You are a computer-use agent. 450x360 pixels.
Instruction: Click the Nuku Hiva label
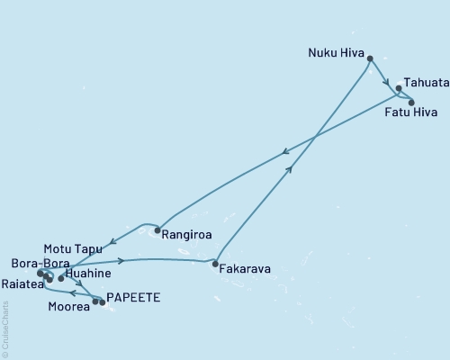point(337,51)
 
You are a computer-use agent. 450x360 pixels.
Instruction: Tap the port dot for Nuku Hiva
point(370,59)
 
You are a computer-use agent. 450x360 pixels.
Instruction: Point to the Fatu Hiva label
point(409,113)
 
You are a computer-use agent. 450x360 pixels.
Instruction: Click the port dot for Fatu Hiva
point(411,102)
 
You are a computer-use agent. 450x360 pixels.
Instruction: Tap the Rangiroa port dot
point(157,231)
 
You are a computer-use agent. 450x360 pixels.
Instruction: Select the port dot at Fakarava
point(214,265)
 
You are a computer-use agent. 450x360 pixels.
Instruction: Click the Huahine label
point(89,273)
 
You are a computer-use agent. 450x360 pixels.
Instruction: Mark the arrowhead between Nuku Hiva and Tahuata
point(388,84)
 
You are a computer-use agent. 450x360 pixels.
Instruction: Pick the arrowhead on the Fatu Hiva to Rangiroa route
point(284,152)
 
